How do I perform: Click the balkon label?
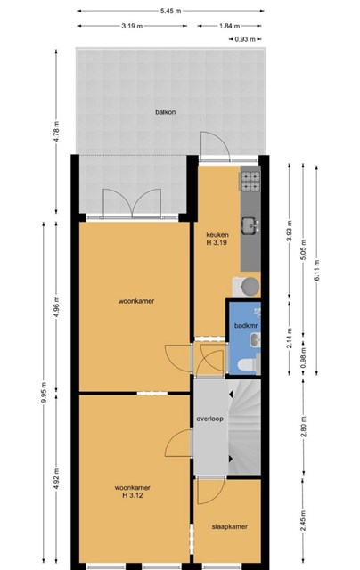[x=165, y=112]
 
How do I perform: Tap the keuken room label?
[x=217, y=235]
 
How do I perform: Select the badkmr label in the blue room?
[x=246, y=326]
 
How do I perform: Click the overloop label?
[x=209, y=419]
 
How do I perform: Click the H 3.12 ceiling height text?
[x=133, y=495]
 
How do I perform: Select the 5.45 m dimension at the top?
[x=170, y=11]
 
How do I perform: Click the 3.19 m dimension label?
[x=132, y=26]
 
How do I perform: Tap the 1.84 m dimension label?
[x=229, y=26]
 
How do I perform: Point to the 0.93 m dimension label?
[x=245, y=39]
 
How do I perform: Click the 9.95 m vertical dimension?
[x=44, y=392]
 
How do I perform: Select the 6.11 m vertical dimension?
[x=316, y=270]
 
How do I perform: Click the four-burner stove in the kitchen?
[x=251, y=182]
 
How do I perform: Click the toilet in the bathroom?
[x=248, y=364]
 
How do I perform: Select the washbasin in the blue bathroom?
[x=255, y=340]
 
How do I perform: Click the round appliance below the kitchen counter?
[x=250, y=286]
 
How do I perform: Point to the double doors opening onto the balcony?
[x=132, y=203]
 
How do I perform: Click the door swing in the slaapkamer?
[x=211, y=492]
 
